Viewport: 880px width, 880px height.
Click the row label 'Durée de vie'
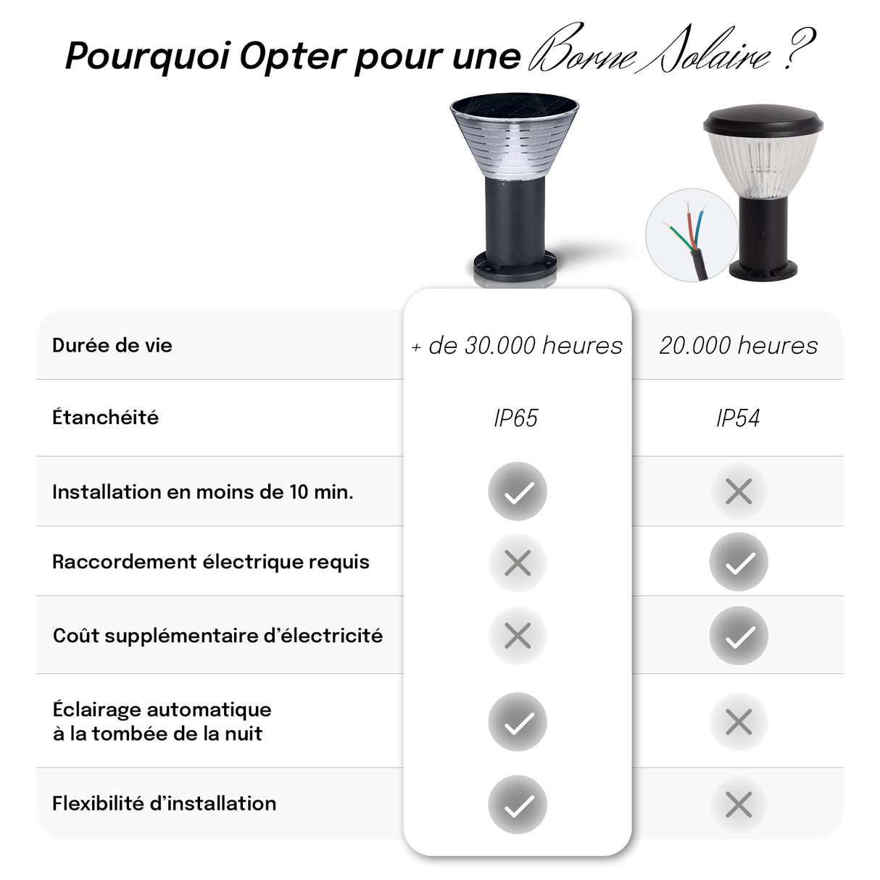[112, 345]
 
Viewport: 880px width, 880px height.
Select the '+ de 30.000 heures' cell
[517, 346]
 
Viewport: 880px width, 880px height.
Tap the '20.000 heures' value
[738, 346]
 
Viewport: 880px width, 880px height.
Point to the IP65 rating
[515, 418]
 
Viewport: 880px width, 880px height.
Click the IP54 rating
[738, 418]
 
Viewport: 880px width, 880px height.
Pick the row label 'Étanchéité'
[105, 418]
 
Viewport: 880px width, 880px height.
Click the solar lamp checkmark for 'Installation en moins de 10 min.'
[517, 491]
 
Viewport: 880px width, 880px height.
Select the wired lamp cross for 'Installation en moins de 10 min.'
[738, 492]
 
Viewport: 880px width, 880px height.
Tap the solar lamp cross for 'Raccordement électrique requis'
[517, 563]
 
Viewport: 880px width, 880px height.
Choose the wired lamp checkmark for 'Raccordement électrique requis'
[738, 563]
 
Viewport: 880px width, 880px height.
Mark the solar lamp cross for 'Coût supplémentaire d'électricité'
[517, 636]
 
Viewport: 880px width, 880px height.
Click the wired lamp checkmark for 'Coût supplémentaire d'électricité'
[738, 636]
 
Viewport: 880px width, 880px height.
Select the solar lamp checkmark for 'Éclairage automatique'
[517, 722]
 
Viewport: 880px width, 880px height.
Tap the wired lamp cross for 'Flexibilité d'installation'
[738, 805]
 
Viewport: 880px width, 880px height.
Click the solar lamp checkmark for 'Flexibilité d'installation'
[517, 805]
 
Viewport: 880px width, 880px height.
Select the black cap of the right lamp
[763, 120]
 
